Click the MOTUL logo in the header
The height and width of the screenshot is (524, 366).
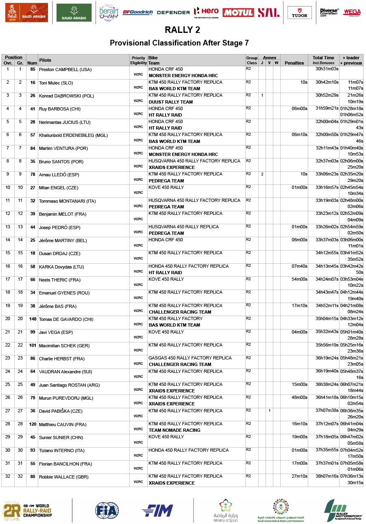click(x=238, y=13)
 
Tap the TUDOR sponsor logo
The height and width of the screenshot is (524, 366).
click(x=300, y=13)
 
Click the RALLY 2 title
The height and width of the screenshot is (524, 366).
click(x=182, y=30)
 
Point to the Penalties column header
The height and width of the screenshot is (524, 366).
click(x=294, y=63)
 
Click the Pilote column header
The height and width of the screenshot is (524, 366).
click(x=45, y=60)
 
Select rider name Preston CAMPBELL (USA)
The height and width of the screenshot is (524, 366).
click(x=65, y=70)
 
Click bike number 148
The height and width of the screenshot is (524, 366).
click(x=33, y=319)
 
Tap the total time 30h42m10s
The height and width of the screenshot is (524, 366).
click(x=327, y=82)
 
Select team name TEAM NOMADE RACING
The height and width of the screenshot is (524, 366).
click(x=174, y=430)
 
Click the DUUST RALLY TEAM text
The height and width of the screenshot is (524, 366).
click(x=171, y=102)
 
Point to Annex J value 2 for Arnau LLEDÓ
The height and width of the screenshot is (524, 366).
click(x=262, y=174)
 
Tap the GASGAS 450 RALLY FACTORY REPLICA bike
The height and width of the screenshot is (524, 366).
click(x=190, y=358)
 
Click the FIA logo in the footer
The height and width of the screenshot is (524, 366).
click(x=107, y=510)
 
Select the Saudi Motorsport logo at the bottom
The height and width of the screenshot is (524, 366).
click(x=343, y=511)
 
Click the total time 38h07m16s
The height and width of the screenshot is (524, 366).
click(x=327, y=476)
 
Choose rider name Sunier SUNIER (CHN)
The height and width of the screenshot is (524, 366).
click(x=61, y=438)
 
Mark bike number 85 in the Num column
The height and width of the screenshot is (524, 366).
click(x=33, y=69)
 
